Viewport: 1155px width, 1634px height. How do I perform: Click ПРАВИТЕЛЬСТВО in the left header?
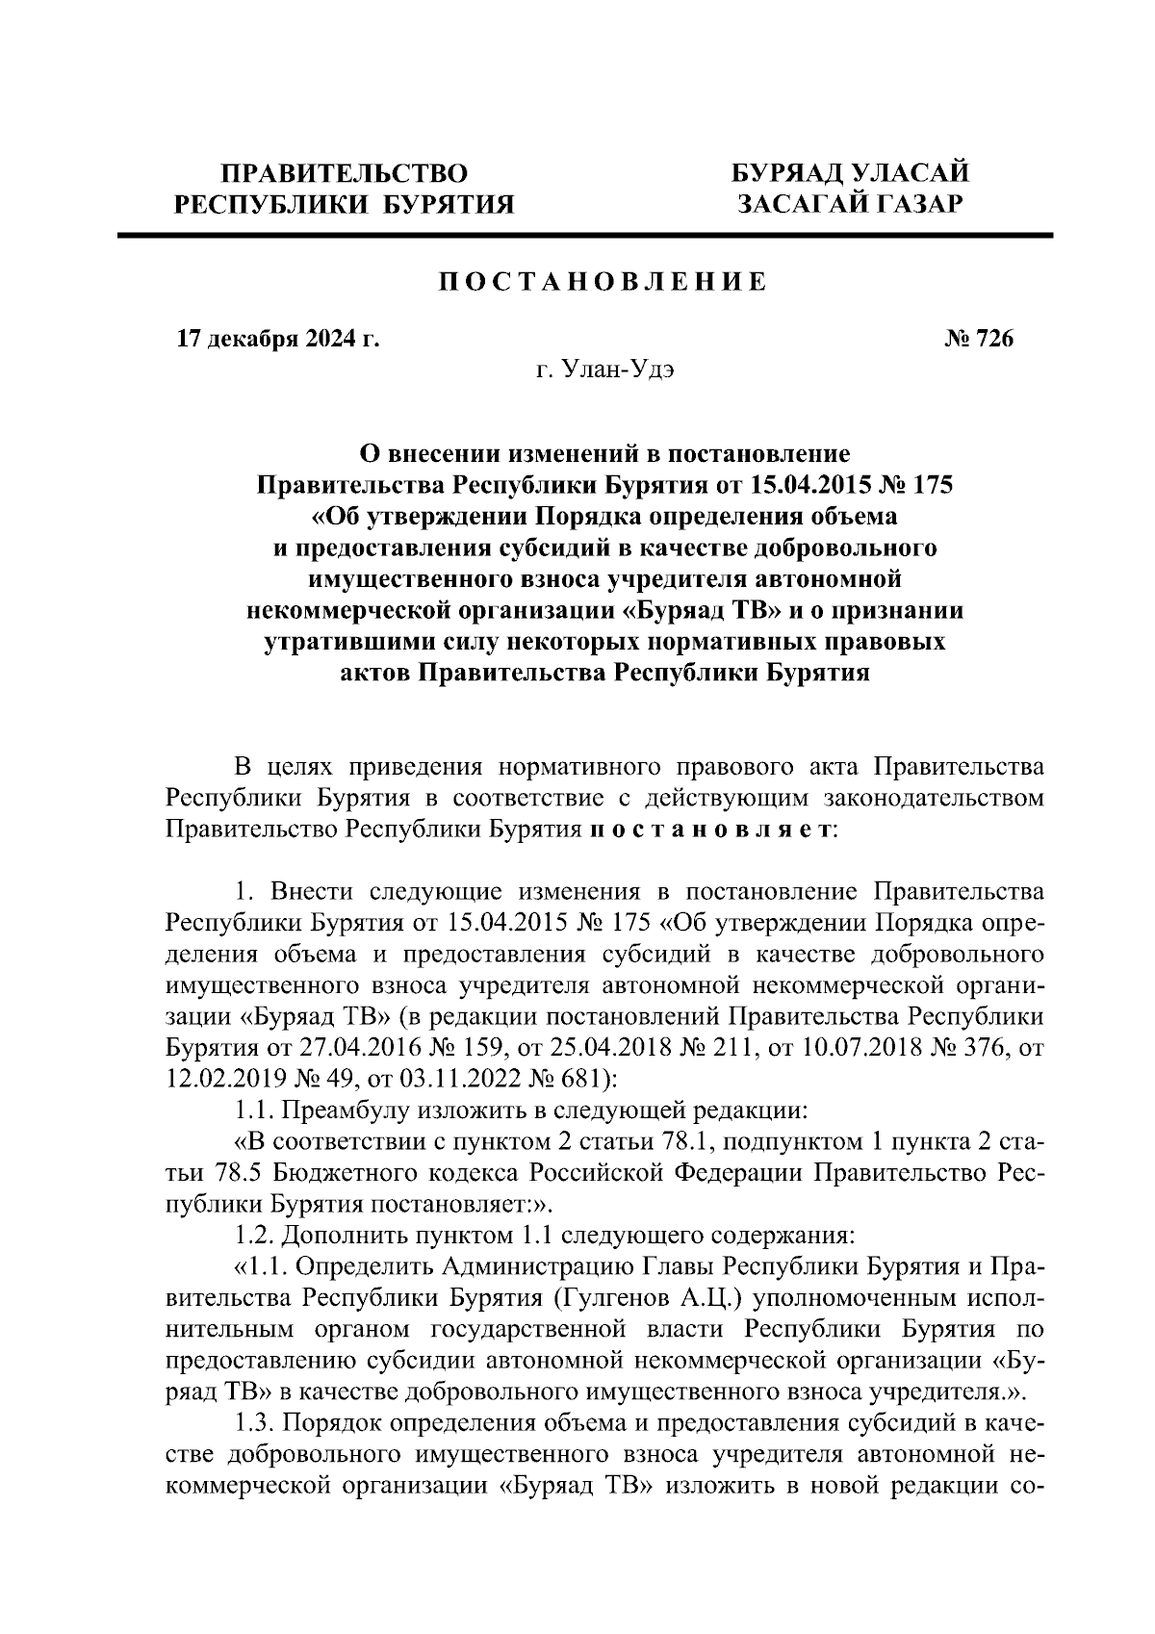pos(345,173)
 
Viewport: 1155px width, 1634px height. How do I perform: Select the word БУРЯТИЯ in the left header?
pos(444,204)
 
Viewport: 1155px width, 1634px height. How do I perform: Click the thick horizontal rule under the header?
pos(584,235)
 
